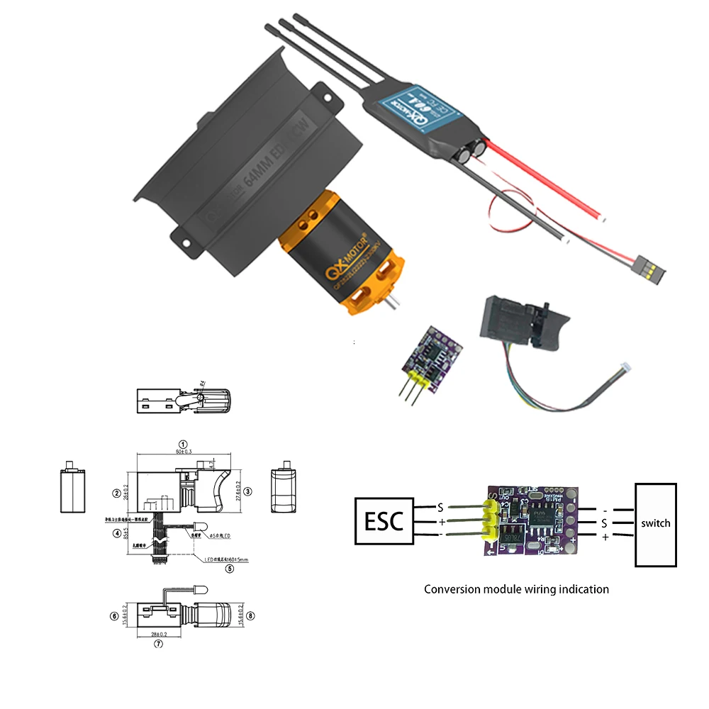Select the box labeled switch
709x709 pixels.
pos(655,524)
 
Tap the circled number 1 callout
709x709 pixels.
pos(183,443)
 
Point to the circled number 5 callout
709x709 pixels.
pos(229,568)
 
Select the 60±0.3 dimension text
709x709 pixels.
pos(183,451)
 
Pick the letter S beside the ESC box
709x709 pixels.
pos(440,508)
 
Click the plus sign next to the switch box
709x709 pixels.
pos(605,538)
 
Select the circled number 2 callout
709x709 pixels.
pos(115,492)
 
